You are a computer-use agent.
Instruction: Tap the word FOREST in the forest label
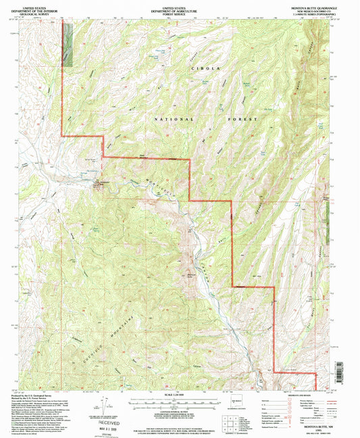tap(244, 120)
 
